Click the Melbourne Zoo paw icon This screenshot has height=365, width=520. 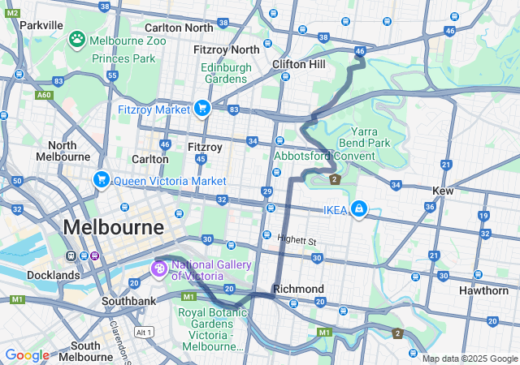tap(78, 39)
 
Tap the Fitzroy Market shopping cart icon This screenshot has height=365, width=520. tap(201, 109)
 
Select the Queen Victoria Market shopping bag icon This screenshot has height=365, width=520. tap(102, 180)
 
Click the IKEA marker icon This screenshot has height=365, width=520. tap(357, 211)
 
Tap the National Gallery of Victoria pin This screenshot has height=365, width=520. tap(159, 267)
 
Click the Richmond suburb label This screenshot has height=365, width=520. tap(298, 289)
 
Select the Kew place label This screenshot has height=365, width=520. tap(443, 190)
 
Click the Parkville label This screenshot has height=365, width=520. tap(41, 25)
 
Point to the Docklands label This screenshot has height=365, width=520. tap(52, 275)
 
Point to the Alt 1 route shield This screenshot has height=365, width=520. tap(145, 333)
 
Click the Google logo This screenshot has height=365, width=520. tap(27, 355)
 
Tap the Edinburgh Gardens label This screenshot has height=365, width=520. tap(225, 73)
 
